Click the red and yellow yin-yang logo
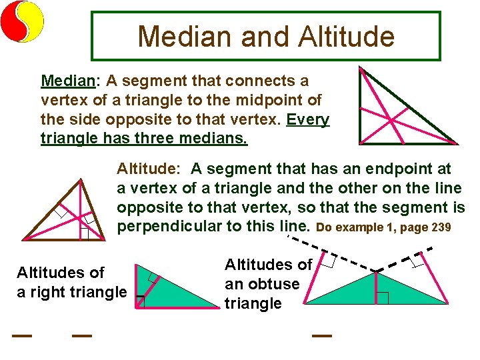coord(22,21)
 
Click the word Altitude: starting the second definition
coord(149,169)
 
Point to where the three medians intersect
coord(392,119)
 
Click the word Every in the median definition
coord(308,120)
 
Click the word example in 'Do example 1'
coord(357,227)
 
